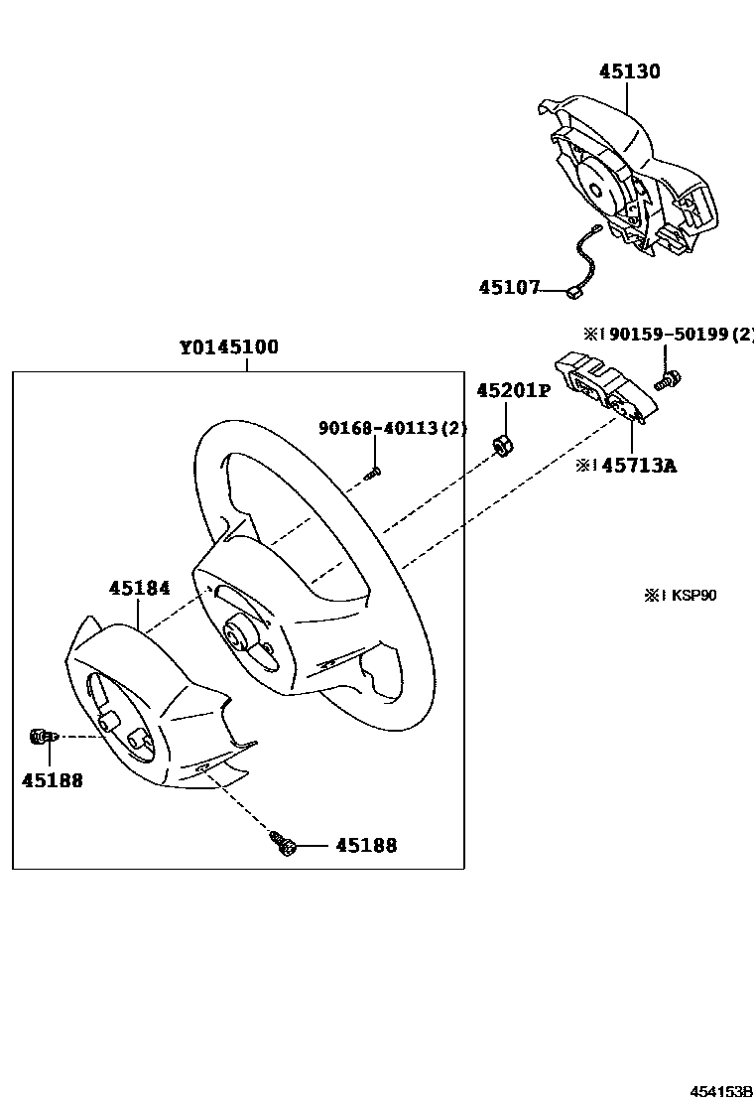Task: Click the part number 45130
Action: pyautogui.click(x=629, y=71)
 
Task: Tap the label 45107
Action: pyautogui.click(x=509, y=288)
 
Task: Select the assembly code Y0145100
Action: pyautogui.click(x=229, y=348)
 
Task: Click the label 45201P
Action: pyautogui.click(x=512, y=391)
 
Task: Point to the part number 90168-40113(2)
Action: pyautogui.click(x=392, y=428)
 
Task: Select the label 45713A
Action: pyautogui.click(x=639, y=465)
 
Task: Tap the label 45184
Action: pyautogui.click(x=140, y=589)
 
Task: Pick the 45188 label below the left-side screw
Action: pyautogui.click(x=52, y=780)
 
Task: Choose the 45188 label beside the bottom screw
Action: pyautogui.click(x=365, y=846)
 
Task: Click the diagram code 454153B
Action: pyautogui.click(x=721, y=1091)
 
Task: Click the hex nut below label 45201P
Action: pyautogui.click(x=502, y=446)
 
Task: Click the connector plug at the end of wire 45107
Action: pyautogui.click(x=574, y=292)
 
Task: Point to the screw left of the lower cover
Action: pyautogui.click(x=40, y=736)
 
